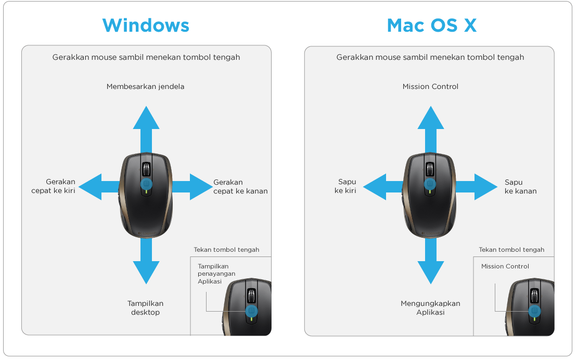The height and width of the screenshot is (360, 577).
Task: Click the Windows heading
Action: pos(146,25)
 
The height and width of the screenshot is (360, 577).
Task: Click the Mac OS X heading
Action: pos(432,25)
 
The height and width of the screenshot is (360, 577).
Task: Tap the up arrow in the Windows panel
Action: pos(146,130)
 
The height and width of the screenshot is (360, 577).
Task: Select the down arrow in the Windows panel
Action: pos(146,261)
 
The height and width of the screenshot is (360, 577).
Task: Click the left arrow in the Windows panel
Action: pos(99,187)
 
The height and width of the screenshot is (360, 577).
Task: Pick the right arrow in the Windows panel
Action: pos(192,187)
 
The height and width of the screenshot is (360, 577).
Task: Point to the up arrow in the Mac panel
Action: pos(431,130)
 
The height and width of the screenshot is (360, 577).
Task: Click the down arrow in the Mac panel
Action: pos(431,261)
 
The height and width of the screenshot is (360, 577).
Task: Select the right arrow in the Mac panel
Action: pos(477,187)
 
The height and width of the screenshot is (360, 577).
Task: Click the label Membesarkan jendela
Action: pos(145,86)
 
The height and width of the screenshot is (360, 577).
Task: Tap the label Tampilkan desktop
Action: pos(145,308)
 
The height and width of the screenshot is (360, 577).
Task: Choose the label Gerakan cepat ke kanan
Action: pos(240,187)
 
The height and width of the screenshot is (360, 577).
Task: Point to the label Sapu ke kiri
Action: pos(345,186)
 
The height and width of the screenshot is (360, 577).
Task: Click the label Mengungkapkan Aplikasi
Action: pos(430,308)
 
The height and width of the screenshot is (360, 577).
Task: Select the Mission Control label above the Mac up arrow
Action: pos(430,86)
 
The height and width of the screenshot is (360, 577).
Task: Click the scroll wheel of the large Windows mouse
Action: pos(146,170)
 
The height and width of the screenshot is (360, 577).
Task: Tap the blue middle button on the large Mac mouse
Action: pos(430,184)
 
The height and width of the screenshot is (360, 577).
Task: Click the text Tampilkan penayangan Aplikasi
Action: pos(216,274)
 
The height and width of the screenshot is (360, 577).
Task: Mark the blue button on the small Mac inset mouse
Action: pos(534,311)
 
